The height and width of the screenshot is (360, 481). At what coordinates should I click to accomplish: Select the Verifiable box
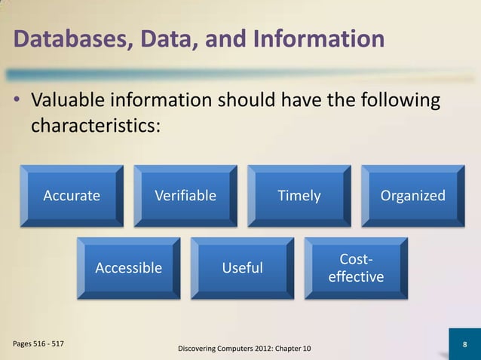pyautogui.click(x=185, y=196)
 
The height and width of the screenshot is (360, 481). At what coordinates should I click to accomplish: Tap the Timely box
pyautogui.click(x=299, y=196)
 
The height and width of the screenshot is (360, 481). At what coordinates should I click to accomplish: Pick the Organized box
pyautogui.click(x=412, y=196)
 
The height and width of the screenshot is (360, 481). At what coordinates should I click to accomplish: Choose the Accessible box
pyautogui.click(x=128, y=268)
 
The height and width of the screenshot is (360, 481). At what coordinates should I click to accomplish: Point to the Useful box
pyautogui.click(x=242, y=268)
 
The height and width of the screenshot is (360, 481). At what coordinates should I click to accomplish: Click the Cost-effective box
pyautogui.click(x=356, y=268)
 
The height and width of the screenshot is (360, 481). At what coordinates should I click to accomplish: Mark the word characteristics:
pyautogui.click(x=95, y=125)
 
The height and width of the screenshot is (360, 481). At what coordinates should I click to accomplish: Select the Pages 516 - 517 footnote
pyautogui.click(x=38, y=343)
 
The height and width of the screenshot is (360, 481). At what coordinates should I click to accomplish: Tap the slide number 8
pyautogui.click(x=464, y=344)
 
